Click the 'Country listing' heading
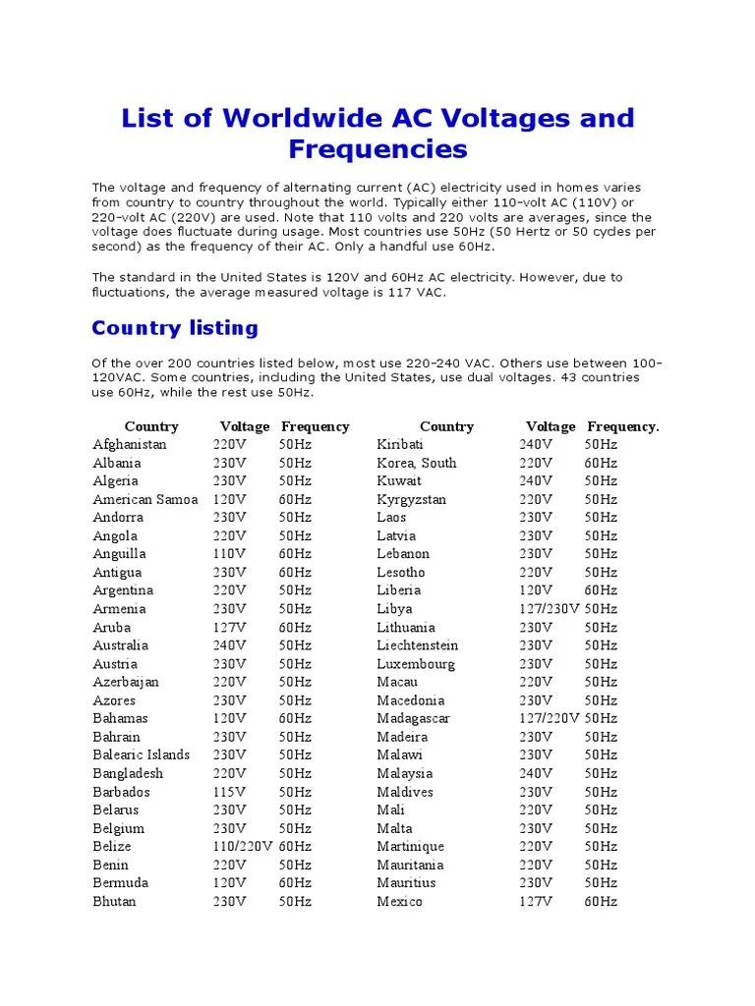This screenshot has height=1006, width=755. [175, 327]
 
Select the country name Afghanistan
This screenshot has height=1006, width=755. [130, 444]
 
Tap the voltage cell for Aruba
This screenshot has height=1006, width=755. [229, 627]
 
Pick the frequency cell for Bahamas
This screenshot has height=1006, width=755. [295, 718]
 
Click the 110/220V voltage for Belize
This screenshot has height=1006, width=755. [243, 846]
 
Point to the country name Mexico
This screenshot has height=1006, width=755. [399, 901]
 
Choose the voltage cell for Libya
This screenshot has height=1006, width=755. [550, 608]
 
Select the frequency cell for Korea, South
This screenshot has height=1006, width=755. [601, 463]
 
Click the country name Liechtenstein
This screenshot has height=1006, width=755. [418, 645]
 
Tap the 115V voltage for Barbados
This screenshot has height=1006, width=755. [229, 791]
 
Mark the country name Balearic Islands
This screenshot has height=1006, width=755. [142, 754]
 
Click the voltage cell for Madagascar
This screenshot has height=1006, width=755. [550, 718]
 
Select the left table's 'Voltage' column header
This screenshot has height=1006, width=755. [245, 426]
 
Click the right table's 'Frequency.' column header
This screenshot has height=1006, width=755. [623, 426]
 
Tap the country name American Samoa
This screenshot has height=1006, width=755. [145, 499]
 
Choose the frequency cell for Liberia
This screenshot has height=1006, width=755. [601, 590]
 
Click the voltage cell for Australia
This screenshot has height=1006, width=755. [229, 645]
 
